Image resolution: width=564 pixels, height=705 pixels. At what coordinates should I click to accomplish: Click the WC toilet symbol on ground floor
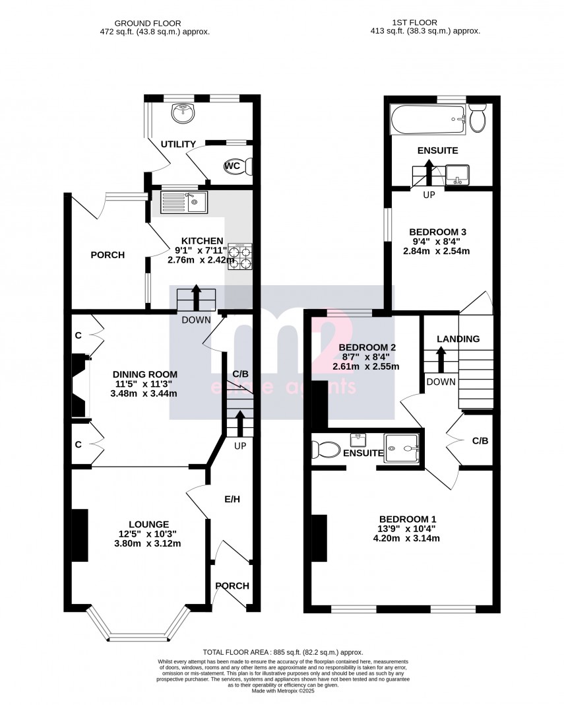tap(238, 166)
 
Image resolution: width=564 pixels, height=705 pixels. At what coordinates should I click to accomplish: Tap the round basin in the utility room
tap(181, 114)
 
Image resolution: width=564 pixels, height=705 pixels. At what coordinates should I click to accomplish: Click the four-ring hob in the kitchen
tap(240, 257)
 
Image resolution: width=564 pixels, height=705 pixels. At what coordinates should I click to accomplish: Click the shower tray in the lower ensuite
tap(402, 450)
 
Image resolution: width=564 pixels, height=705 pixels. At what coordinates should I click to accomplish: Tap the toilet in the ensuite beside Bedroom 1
tap(325, 450)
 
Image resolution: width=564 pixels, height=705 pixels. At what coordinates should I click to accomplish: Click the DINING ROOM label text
tap(144, 374)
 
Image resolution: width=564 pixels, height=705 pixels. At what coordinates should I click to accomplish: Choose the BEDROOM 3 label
tap(438, 232)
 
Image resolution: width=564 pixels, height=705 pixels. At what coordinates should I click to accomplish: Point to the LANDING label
tap(458, 339)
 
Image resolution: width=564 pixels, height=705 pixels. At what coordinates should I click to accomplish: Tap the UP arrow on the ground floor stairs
tap(239, 424)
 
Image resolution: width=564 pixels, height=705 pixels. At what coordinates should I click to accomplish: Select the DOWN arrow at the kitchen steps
tap(197, 299)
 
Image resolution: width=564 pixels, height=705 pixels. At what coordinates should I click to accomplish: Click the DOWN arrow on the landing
tap(440, 360)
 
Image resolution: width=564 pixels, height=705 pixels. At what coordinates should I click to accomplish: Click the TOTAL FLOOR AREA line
tap(282, 652)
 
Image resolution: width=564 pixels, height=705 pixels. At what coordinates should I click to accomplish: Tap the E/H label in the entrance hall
tap(232, 500)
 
